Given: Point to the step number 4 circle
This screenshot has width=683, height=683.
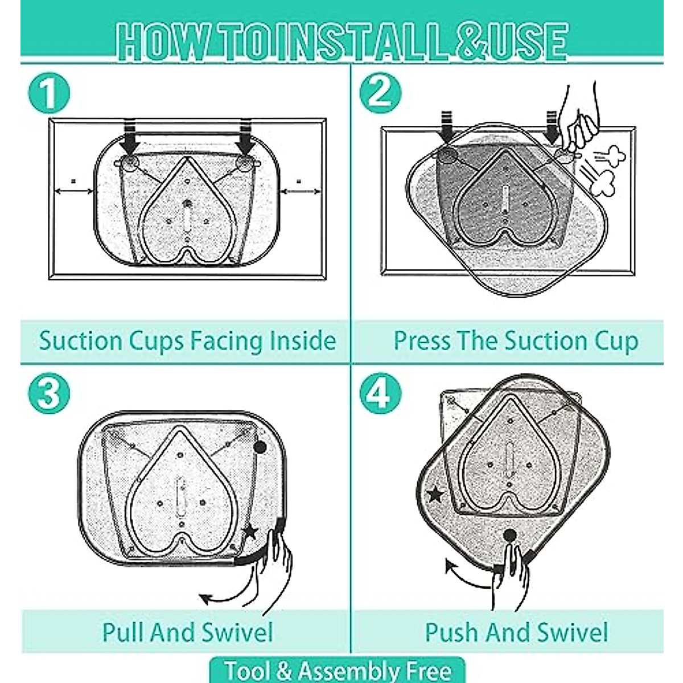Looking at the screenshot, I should [380, 393].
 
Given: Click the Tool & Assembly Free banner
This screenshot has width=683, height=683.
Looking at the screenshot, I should [338, 670].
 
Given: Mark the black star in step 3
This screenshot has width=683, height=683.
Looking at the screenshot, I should [250, 533].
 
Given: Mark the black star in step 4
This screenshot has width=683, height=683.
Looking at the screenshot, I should [435, 494].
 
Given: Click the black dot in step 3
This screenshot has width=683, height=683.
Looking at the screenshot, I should [260, 447].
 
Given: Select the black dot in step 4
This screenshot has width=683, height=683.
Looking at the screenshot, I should [509, 535].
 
